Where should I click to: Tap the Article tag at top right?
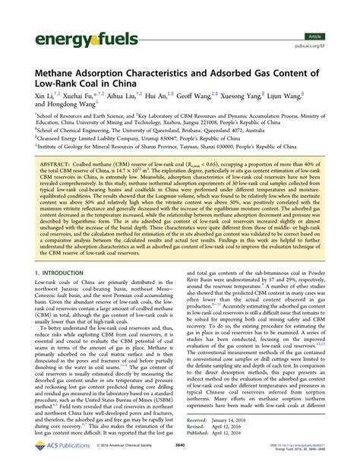click(x=335, y=36)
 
